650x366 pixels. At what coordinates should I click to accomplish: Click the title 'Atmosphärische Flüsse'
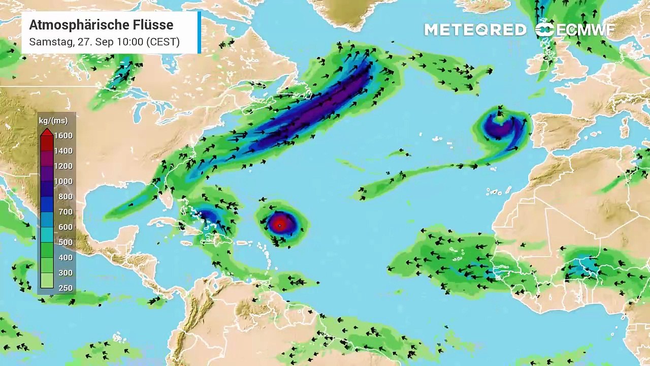click(x=101, y=25)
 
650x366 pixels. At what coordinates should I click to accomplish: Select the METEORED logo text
click(x=475, y=30)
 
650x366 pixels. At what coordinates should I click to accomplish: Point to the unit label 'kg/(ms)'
click(x=53, y=121)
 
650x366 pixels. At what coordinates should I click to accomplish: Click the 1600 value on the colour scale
click(x=63, y=136)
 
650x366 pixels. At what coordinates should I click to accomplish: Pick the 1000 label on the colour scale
click(x=63, y=181)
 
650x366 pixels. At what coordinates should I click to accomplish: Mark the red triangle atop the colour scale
click(x=47, y=133)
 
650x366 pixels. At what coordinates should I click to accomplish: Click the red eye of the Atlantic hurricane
click(x=280, y=224)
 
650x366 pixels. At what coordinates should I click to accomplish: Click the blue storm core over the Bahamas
click(x=210, y=216)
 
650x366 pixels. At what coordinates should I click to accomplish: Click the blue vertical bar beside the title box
click(x=200, y=33)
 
